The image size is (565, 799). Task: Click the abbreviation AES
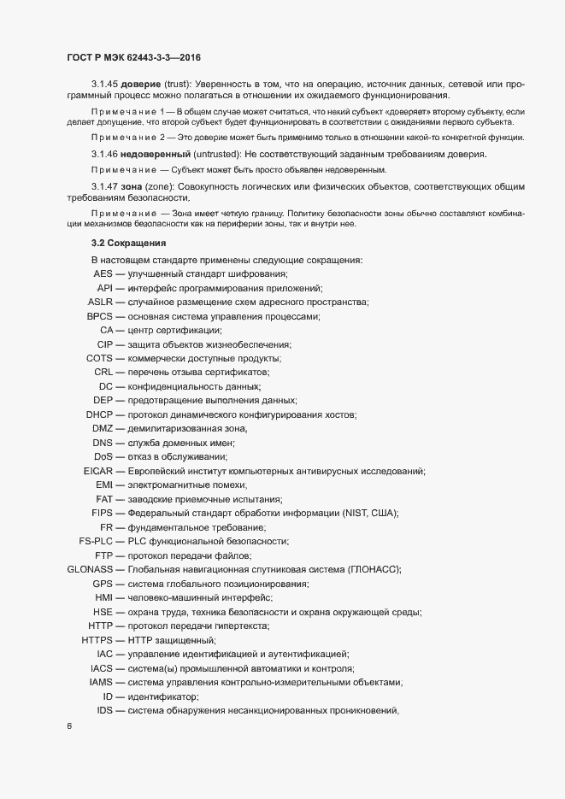point(103,273)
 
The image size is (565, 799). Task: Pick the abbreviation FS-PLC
point(97,541)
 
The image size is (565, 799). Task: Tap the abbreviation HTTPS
point(97,640)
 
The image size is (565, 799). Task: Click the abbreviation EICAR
point(98,471)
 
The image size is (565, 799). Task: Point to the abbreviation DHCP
point(100,414)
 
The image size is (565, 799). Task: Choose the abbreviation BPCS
point(101,316)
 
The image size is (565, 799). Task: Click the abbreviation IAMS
point(102,682)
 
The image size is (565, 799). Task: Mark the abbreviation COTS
point(100,358)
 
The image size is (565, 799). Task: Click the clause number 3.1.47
point(106,186)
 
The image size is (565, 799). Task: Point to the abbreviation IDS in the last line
point(105,710)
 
